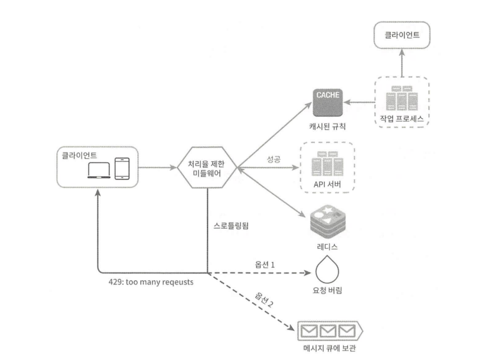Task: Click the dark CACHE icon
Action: click(x=327, y=102)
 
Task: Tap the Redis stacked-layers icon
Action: click(x=328, y=222)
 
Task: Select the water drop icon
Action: click(x=327, y=270)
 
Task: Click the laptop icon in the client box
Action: click(x=99, y=170)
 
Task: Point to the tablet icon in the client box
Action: click(x=122, y=169)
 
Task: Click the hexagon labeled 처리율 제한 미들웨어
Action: click(x=207, y=168)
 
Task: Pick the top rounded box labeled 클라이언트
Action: click(x=402, y=35)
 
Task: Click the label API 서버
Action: click(x=327, y=184)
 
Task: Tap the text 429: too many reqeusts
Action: click(x=151, y=282)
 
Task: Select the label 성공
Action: click(x=274, y=159)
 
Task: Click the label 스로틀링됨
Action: click(x=231, y=226)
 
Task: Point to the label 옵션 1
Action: click(x=265, y=265)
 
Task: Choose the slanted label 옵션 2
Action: click(x=264, y=299)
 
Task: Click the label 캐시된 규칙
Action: click(x=327, y=126)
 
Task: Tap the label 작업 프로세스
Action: click(x=402, y=118)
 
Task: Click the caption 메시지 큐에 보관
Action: click(x=330, y=348)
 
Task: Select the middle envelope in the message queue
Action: click(x=328, y=331)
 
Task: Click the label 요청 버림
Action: click(x=327, y=290)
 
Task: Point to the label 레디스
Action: click(x=327, y=247)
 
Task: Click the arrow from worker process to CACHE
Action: click(x=359, y=102)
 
